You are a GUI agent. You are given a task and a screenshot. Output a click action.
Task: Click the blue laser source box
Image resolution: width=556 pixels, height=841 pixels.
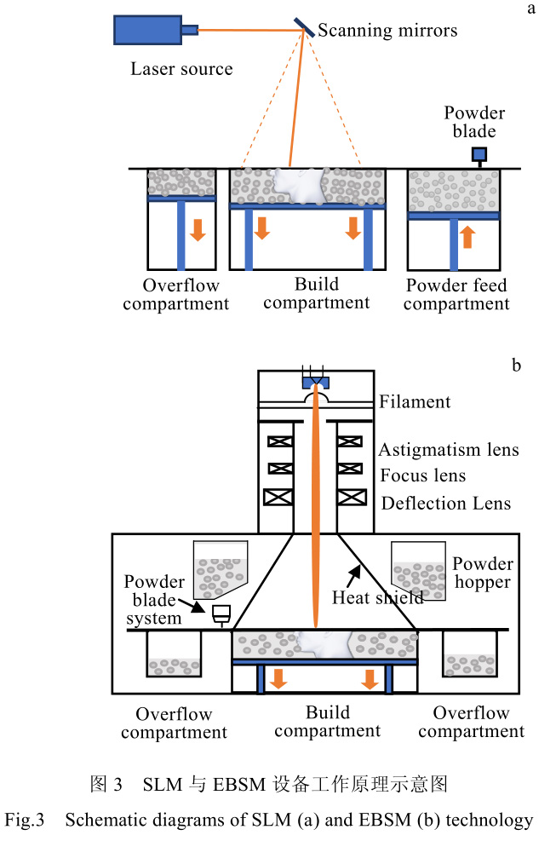[x=146, y=31]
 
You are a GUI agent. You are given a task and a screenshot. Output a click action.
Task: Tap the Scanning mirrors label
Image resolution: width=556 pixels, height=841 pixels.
[x=387, y=31]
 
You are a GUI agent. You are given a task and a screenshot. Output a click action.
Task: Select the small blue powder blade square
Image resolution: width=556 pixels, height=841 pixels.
[x=479, y=154]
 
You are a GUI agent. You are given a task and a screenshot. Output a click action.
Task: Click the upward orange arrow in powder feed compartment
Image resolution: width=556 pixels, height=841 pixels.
[x=467, y=235]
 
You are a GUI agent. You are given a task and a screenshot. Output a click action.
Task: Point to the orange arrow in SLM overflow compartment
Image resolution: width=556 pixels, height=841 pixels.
[x=198, y=229]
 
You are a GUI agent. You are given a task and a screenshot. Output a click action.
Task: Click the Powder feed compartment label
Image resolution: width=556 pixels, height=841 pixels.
[x=456, y=295]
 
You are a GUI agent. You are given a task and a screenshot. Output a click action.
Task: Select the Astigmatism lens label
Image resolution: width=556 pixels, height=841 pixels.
[x=449, y=449]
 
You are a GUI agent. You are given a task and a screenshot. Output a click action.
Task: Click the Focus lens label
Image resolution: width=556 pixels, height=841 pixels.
[x=423, y=475]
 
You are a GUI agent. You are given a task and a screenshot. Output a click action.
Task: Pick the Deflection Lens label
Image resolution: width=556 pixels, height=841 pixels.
[x=446, y=503]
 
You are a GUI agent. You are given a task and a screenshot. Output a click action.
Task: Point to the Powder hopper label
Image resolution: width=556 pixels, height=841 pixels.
[x=482, y=573]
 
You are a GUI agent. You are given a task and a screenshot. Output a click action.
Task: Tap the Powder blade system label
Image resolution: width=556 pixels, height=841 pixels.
[x=154, y=601]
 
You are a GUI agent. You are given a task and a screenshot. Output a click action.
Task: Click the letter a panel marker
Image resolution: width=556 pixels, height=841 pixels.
[x=531, y=9]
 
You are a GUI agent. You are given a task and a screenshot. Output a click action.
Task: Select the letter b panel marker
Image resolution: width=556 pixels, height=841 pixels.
[x=516, y=366]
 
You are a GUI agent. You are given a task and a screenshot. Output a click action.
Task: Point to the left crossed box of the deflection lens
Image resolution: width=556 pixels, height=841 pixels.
[x=280, y=496]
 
